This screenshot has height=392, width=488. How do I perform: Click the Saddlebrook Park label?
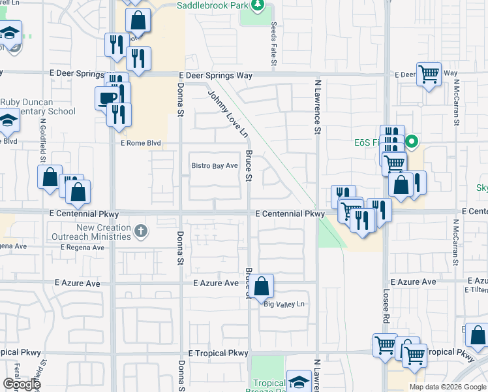point(213,5)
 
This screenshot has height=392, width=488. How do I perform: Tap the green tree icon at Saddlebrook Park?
point(258,6)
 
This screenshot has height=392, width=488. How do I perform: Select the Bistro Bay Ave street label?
point(214,166)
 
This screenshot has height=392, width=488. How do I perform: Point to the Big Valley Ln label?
point(284,304)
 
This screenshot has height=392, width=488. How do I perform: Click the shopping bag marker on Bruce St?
point(262,286)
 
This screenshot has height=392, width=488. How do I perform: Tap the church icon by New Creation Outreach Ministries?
point(140,231)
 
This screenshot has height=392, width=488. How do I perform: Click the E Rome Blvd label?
point(140,142)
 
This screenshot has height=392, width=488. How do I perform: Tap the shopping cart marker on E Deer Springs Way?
point(429,74)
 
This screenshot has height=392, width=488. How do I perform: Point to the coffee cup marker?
point(107,98)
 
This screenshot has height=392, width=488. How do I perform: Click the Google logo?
point(21,384)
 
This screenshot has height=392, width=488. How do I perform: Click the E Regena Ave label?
point(82,248)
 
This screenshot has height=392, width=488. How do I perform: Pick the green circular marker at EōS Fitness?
point(412,141)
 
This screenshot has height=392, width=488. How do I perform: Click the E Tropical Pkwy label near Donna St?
point(218,353)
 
